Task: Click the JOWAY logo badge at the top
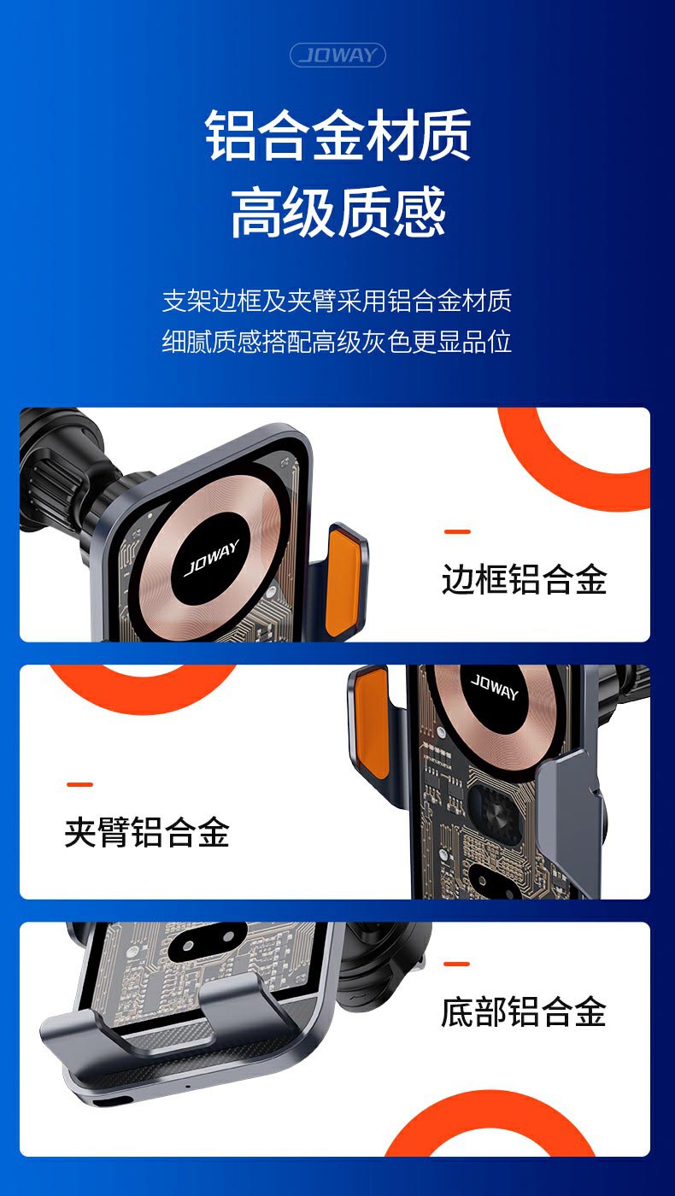tap(337, 55)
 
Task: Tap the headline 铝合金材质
tap(337, 135)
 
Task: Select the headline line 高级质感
tap(337, 212)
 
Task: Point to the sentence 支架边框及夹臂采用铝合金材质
tap(337, 301)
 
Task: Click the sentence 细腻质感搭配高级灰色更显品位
tap(337, 342)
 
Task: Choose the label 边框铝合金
tap(524, 579)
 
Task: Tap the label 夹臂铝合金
tap(147, 832)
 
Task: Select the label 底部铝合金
tap(523, 1011)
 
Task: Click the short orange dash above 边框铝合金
tap(457, 531)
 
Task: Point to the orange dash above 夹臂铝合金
tap(79, 784)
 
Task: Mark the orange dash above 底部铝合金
tap(456, 964)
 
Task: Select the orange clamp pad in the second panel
tap(373, 720)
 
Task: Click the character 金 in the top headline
tap(337, 135)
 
